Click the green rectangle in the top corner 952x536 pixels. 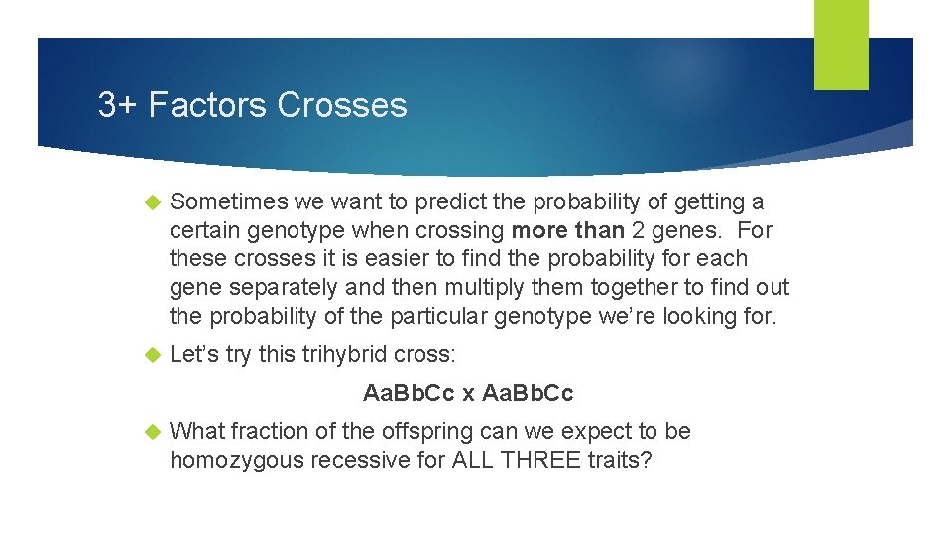tap(841, 44)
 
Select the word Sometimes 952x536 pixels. tap(228, 202)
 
